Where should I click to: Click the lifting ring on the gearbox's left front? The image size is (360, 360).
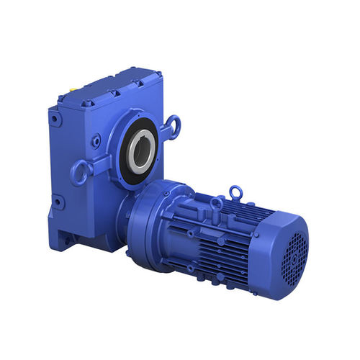pos(80,174)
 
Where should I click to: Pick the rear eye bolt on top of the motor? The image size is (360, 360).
pos(235,192)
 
